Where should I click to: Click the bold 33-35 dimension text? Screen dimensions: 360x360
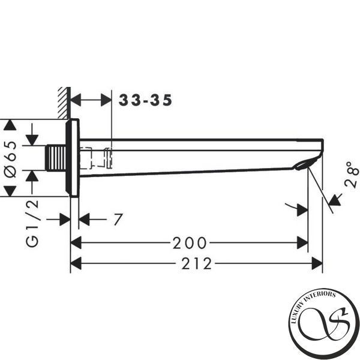pos(145,100)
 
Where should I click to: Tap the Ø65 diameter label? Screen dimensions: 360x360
pos(11,159)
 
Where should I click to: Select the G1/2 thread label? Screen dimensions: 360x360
pos(32,223)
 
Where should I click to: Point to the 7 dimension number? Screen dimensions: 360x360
pos(118,220)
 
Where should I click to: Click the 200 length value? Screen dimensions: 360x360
pos(190,243)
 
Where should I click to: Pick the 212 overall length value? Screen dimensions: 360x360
pos(197,263)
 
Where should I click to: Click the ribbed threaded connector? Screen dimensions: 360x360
pos(56,158)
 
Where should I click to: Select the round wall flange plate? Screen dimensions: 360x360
pos(73,158)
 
